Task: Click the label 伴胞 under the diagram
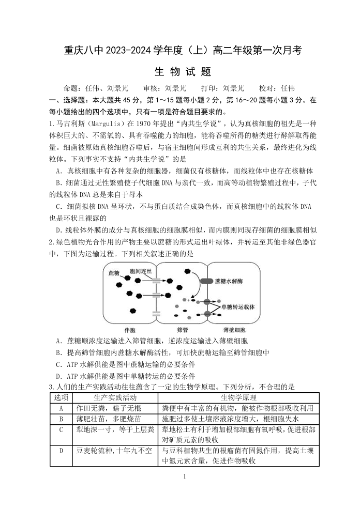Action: coord(130,330)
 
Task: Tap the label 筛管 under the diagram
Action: coord(182,330)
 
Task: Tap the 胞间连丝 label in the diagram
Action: coord(141,271)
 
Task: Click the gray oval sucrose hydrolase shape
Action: coord(208,282)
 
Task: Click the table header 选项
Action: coord(61,397)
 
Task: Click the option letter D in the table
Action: coord(61,451)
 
